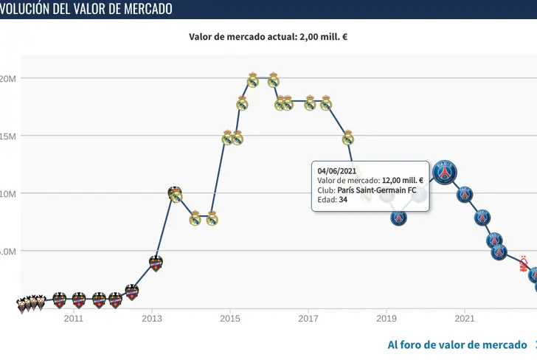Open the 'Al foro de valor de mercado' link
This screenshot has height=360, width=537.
point(457,345)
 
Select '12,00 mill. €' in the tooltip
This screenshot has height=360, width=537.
point(401,180)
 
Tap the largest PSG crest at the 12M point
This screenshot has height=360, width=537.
point(444,173)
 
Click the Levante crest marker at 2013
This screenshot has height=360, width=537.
point(155,263)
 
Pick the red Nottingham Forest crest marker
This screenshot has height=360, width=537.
point(524,263)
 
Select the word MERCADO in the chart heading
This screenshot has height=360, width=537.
point(140,9)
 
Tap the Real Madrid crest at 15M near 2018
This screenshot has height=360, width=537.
point(348,137)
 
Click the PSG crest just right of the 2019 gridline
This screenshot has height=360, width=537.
point(398,218)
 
